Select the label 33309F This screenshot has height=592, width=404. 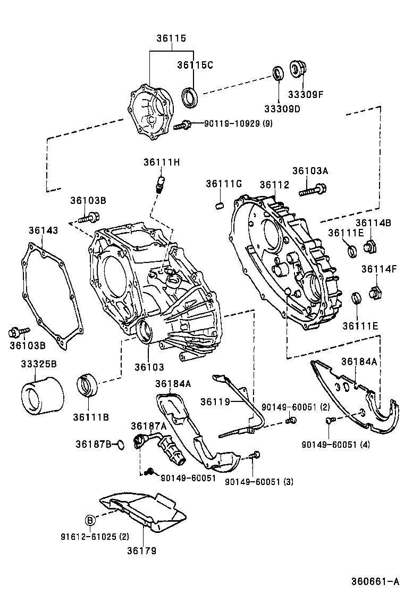(306, 95)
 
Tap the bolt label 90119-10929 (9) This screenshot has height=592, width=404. (238, 124)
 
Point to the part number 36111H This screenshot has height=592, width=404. (161, 162)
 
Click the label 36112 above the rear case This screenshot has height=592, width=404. (274, 185)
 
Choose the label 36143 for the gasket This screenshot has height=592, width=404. (44, 230)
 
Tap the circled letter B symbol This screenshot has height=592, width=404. (90, 520)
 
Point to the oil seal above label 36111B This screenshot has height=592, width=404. (88, 385)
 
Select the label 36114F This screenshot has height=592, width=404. (380, 269)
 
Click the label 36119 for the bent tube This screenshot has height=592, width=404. (215, 401)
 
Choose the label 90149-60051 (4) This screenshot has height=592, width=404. (335, 444)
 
